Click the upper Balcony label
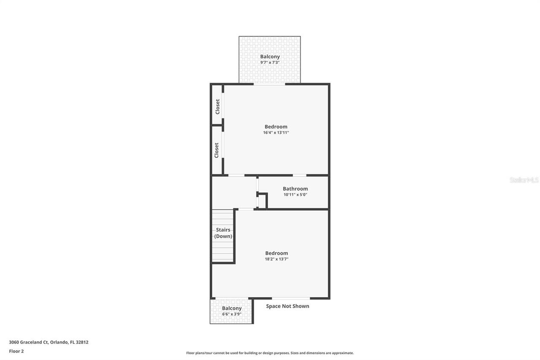[270, 57]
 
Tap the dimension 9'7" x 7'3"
[270, 62]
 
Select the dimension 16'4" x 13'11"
[276, 133]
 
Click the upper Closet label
[217, 107]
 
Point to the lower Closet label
[216, 150]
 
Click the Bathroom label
[295, 189]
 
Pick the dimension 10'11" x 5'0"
[295, 195]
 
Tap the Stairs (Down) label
[223, 233]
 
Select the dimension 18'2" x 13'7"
[276, 259]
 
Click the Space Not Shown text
[287, 306]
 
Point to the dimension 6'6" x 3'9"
[232, 314]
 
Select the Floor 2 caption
[16, 351]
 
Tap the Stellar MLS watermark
[524, 180]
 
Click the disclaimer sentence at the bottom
[270, 353]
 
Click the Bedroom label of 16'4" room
[276, 127]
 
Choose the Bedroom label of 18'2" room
[276, 253]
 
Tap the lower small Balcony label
[232, 308]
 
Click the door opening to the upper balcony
[269, 84]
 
